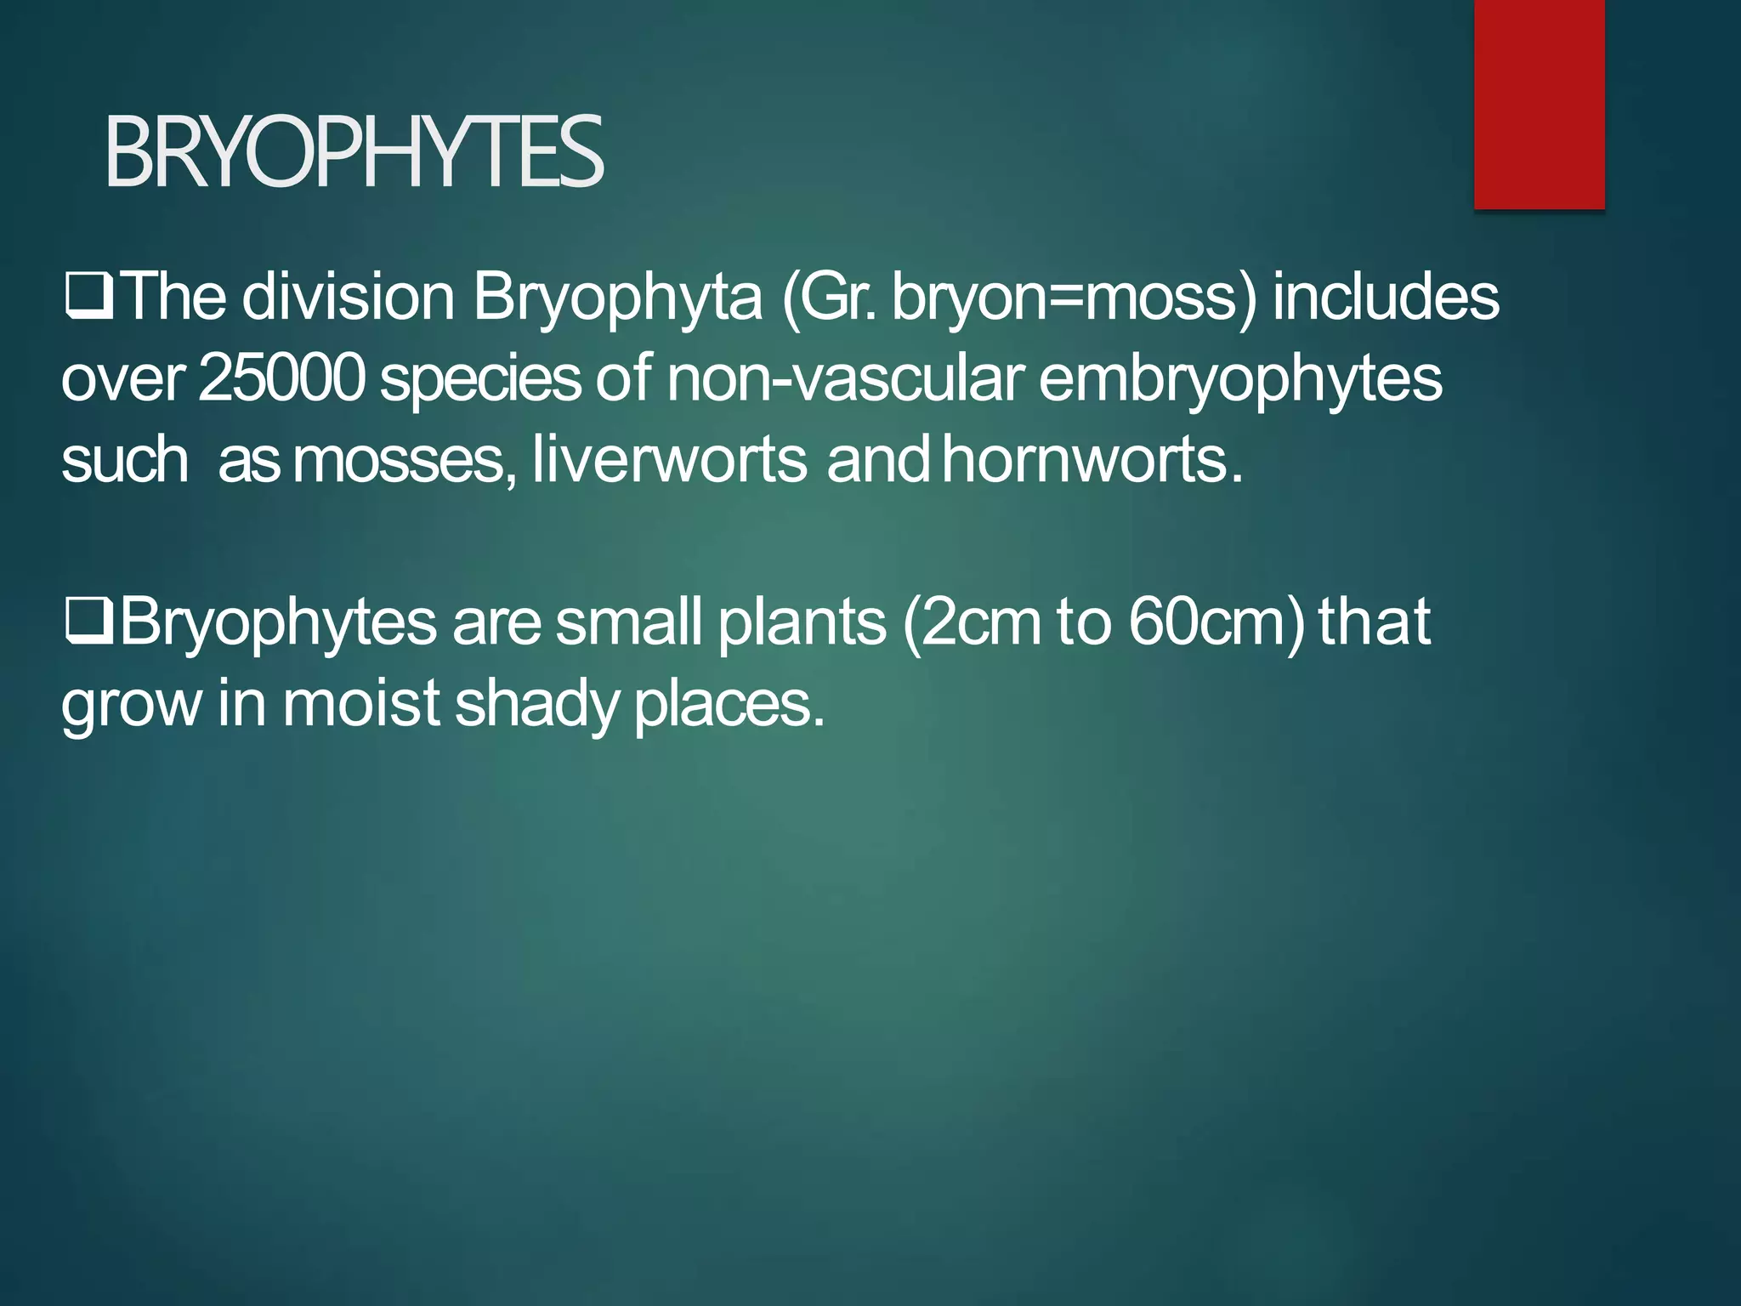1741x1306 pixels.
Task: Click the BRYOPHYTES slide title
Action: pos(354,153)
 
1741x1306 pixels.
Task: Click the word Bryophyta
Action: pos(617,299)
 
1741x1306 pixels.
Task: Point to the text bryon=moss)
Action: pos(1074,299)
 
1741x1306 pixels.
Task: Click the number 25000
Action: pos(281,378)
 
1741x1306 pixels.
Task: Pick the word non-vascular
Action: pos(845,378)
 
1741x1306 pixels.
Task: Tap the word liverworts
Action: pos(669,460)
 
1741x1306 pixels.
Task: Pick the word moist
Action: pos(360,704)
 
